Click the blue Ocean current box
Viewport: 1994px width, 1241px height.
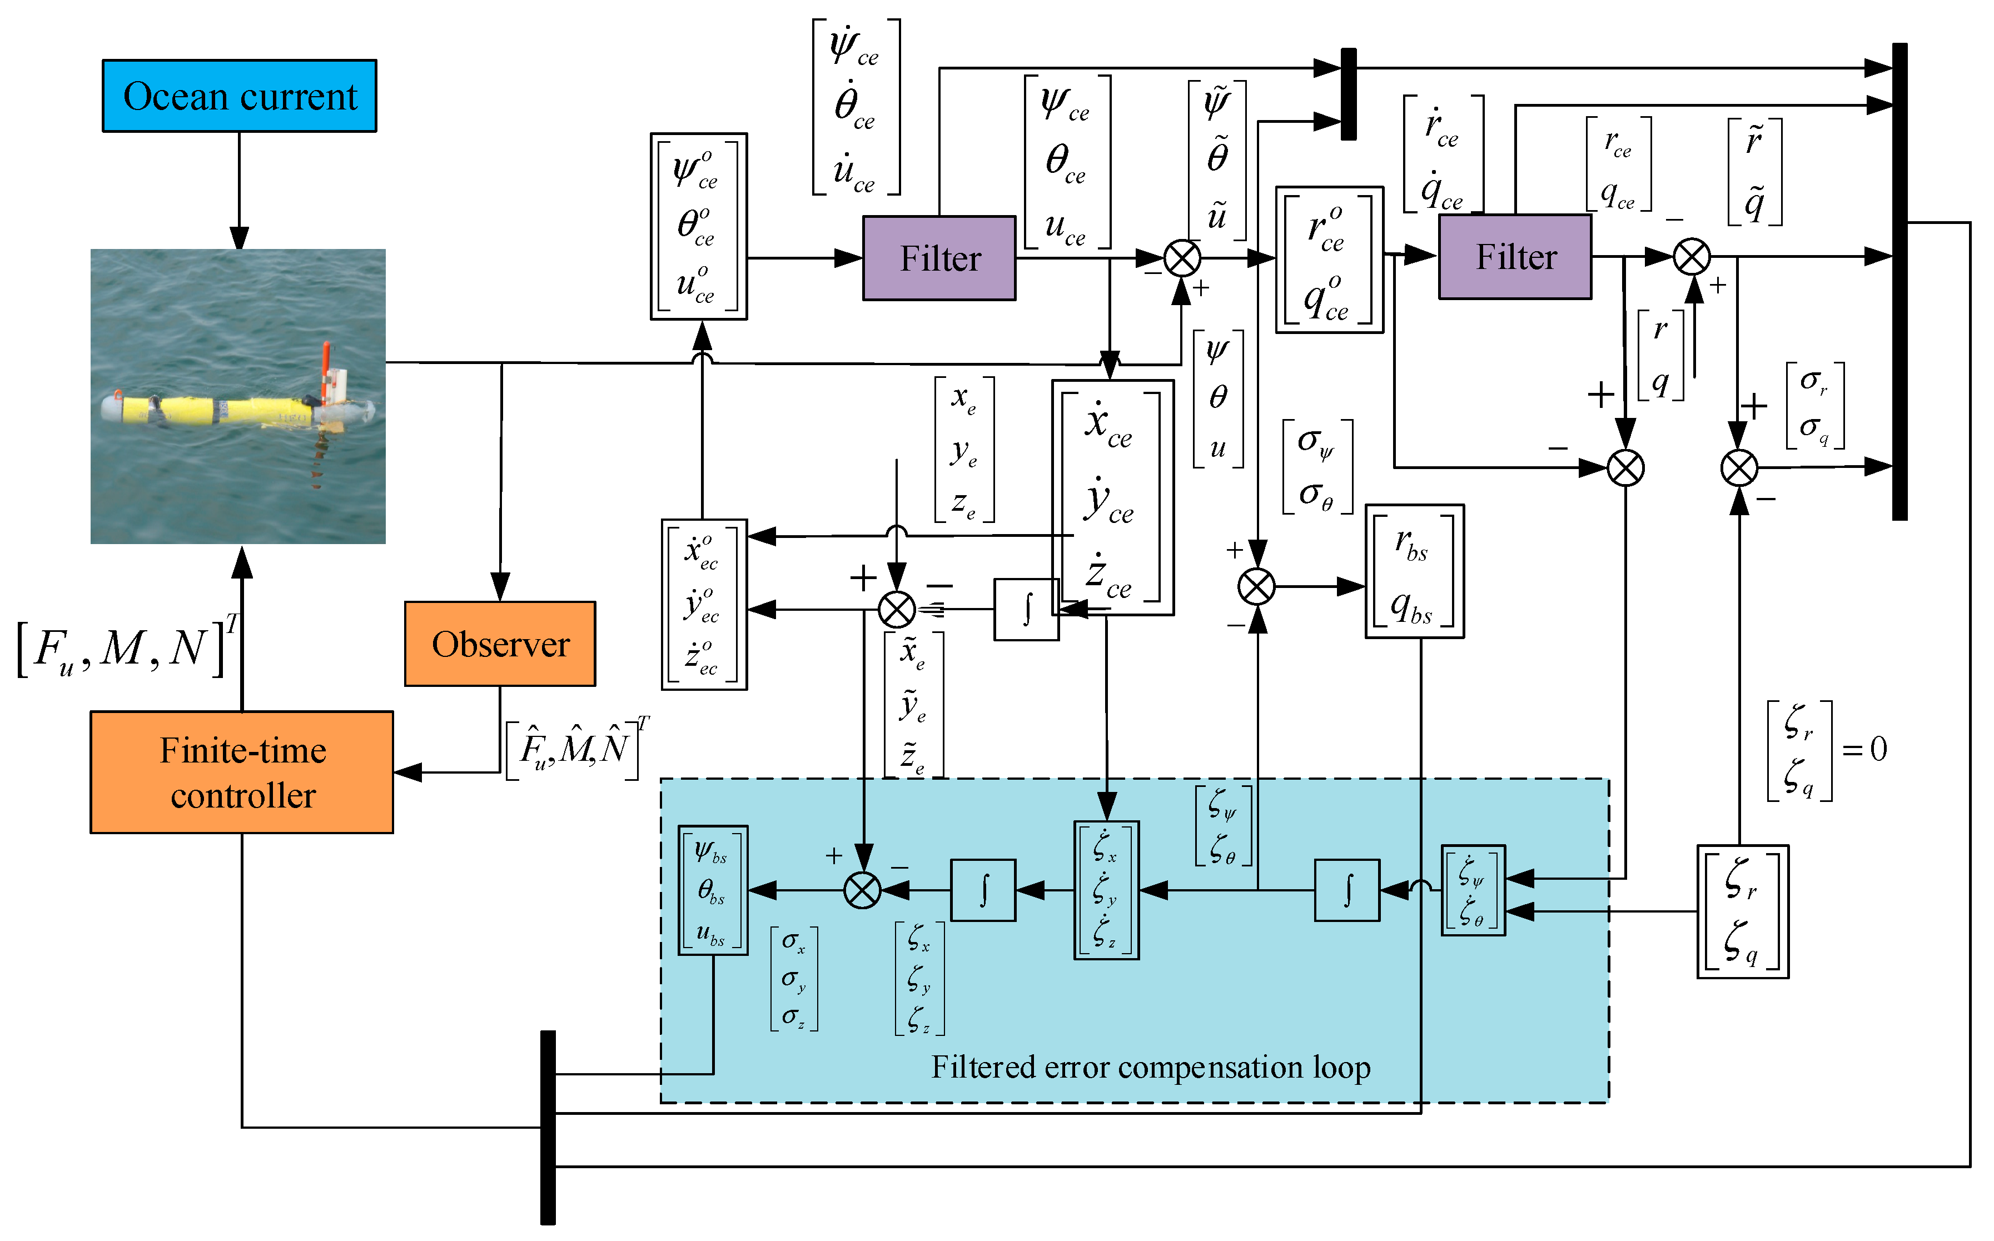[239, 96]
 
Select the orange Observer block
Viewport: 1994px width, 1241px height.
[500, 644]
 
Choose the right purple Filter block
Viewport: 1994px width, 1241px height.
[1515, 257]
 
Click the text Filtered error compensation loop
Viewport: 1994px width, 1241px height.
[1151, 1067]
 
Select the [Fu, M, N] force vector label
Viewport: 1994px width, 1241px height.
[123, 649]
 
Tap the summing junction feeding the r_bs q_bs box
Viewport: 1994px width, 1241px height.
[1257, 587]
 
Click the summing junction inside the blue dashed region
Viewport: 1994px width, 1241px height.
[863, 890]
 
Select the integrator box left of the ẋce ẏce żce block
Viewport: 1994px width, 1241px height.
[1026, 610]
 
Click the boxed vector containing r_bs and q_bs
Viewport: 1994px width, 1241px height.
[1414, 571]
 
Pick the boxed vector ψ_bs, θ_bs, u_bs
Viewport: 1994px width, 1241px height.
[713, 890]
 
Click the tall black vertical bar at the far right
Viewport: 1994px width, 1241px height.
[1899, 282]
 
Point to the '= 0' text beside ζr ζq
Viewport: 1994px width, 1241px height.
[1864, 749]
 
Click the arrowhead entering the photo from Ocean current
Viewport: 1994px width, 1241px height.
[239, 239]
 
